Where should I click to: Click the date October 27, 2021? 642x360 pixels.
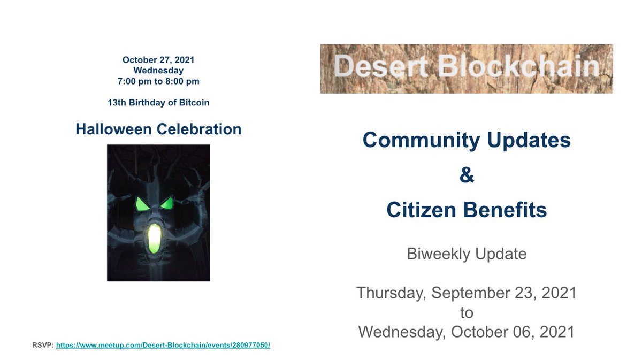[x=158, y=60]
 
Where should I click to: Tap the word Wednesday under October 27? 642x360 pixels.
[x=158, y=71]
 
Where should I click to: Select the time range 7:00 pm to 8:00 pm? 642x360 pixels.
[x=158, y=81]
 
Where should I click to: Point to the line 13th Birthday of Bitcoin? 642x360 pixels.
[x=158, y=102]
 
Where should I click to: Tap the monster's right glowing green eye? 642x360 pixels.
[x=167, y=203]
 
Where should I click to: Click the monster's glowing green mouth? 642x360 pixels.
[x=155, y=239]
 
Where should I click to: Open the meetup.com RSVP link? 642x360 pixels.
[x=163, y=345]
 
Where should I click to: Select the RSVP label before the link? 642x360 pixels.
[x=42, y=345]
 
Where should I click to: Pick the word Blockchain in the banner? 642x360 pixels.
[x=518, y=68]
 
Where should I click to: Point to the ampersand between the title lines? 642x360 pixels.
[x=467, y=175]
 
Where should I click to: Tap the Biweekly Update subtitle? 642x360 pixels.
[x=467, y=254]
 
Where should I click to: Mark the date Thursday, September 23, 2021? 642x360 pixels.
[x=467, y=293]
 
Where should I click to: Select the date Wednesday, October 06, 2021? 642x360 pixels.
[x=467, y=332]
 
